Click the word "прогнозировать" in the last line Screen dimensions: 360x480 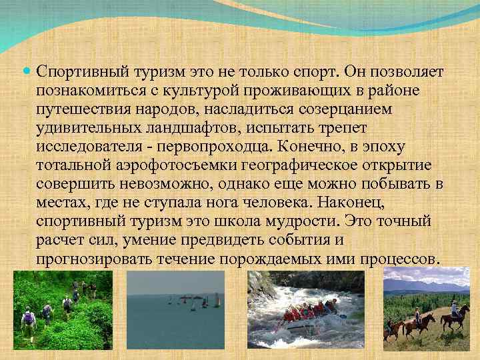click(x=89, y=257)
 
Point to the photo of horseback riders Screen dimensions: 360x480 click(x=427, y=313)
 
